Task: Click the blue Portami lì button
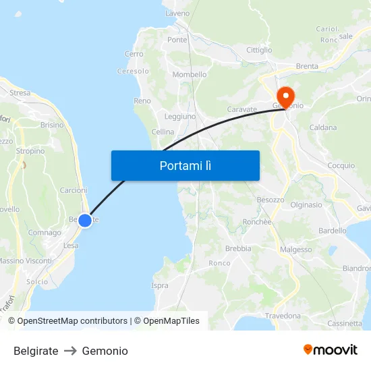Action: [185, 165]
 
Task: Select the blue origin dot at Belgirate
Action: [85, 221]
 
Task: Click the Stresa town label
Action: [20, 93]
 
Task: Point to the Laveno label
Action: [177, 13]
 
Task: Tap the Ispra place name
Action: [160, 285]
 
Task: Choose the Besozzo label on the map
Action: [270, 200]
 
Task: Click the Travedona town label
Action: [283, 316]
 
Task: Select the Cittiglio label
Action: [259, 50]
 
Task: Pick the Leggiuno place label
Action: [180, 116]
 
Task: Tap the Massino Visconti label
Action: [25, 260]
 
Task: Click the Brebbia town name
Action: [238, 248]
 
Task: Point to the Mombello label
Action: [190, 74]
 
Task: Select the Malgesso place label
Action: [296, 249]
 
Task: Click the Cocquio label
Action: [341, 165]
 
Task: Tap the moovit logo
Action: [331, 349]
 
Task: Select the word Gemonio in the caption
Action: [105, 351]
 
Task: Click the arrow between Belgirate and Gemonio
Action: [70, 351]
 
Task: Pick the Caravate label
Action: [243, 109]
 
